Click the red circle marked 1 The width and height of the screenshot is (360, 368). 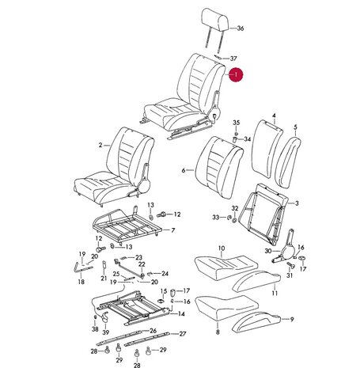(x=236, y=74)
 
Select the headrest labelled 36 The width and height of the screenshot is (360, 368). (x=215, y=29)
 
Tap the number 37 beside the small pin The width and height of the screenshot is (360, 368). (x=233, y=59)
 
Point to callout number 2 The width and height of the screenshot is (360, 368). (x=100, y=145)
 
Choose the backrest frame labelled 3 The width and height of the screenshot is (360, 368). (x=263, y=214)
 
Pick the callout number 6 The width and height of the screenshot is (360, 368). (x=184, y=170)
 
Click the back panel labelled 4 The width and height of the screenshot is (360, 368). (x=267, y=149)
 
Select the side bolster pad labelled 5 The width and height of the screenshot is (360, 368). (x=288, y=162)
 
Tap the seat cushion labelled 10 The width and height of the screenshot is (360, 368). (x=225, y=267)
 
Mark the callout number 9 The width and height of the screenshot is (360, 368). (x=292, y=319)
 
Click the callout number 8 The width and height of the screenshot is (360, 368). (x=218, y=332)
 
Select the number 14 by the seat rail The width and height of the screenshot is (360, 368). (x=181, y=313)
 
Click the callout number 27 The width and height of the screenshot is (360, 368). (x=183, y=334)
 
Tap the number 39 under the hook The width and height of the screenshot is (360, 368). (x=105, y=332)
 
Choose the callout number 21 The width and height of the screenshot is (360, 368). (x=104, y=278)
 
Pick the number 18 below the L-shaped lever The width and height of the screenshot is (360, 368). (x=81, y=282)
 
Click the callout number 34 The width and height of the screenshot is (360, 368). (x=247, y=139)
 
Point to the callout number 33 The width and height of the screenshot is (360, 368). (x=216, y=218)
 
